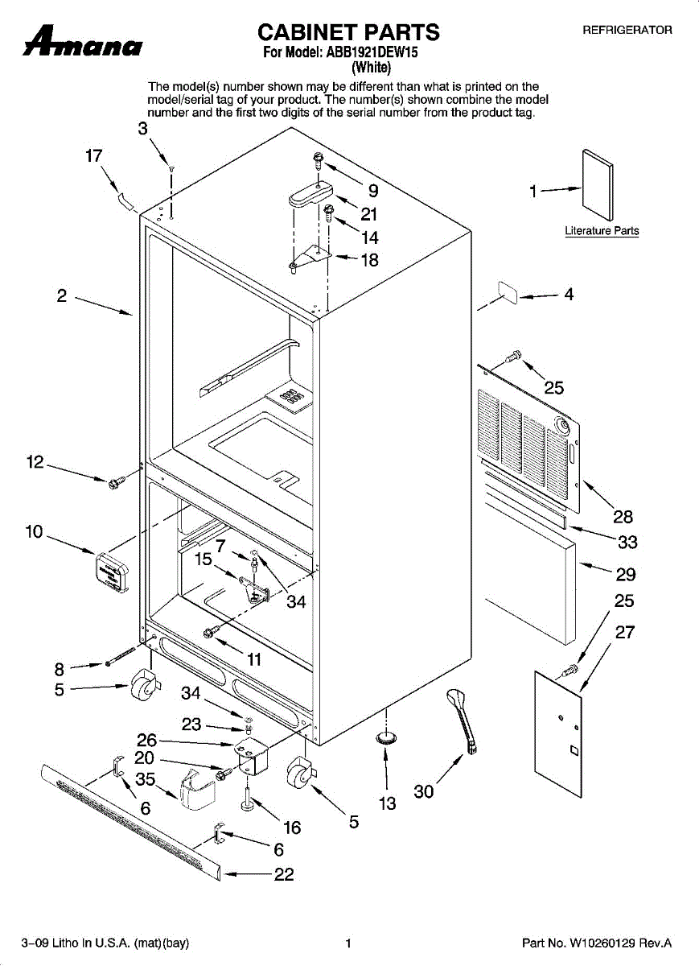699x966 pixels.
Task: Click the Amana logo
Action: point(83,43)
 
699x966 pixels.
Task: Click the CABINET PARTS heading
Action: point(348,32)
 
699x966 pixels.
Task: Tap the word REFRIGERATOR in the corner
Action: point(627,30)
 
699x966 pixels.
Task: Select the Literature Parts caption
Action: point(602,231)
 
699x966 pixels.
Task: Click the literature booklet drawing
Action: point(598,185)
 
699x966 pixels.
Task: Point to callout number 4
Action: point(569,295)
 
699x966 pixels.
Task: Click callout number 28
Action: point(623,517)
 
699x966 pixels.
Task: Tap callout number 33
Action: point(627,543)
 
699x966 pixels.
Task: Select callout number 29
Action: point(626,574)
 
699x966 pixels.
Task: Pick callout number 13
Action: point(388,803)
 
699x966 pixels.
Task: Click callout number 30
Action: point(424,792)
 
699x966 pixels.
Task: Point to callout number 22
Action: point(284,874)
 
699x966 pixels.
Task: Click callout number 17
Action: point(94,155)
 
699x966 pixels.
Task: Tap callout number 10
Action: point(34,532)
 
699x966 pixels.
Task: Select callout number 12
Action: point(35,462)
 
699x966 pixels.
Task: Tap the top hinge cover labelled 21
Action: point(309,197)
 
